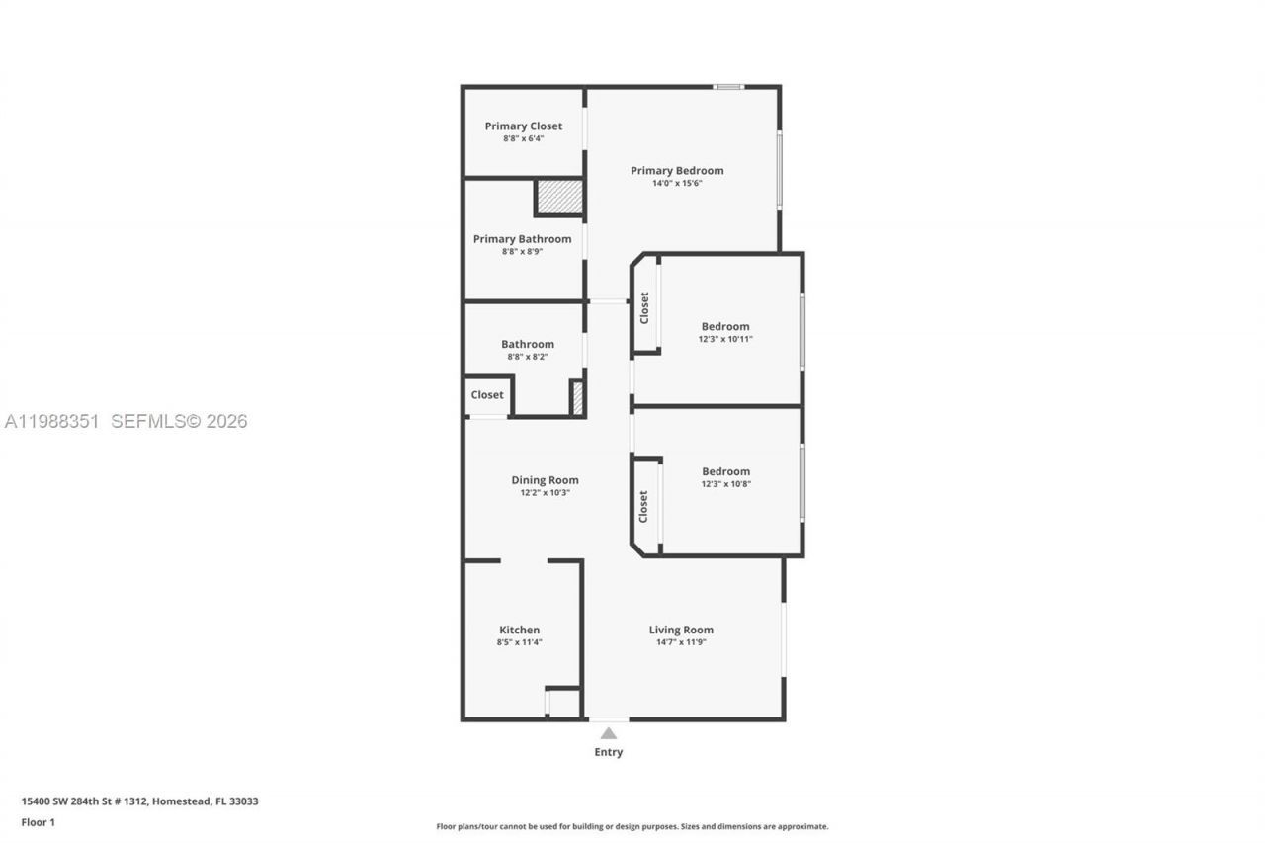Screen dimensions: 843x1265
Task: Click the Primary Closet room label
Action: tap(523, 126)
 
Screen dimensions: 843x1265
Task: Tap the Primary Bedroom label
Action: tap(677, 170)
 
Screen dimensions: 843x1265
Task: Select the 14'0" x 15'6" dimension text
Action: tap(677, 183)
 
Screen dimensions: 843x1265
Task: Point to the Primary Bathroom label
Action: tap(522, 238)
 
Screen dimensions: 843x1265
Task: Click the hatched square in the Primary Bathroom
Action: tap(558, 197)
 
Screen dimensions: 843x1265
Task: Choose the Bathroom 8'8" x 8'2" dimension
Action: tap(527, 357)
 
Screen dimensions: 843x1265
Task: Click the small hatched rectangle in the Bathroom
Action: tap(577, 397)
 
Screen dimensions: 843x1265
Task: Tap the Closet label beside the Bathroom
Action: tap(487, 394)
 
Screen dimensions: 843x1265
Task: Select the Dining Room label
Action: tap(545, 479)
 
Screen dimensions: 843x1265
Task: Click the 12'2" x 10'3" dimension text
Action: tap(545, 492)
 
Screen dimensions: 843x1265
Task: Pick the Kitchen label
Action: tap(519, 630)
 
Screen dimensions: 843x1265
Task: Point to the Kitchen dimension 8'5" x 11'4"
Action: tap(519, 642)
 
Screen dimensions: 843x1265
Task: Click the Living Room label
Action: tap(681, 630)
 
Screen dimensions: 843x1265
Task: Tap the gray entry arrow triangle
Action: tap(609, 733)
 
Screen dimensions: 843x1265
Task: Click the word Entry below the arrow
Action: tap(609, 752)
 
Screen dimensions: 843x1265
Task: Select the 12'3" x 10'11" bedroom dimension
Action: tap(725, 339)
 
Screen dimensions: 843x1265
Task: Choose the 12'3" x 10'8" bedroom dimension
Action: tap(725, 484)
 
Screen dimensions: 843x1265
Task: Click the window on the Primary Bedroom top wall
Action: tap(729, 87)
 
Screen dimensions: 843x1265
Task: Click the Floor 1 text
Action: tap(39, 822)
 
